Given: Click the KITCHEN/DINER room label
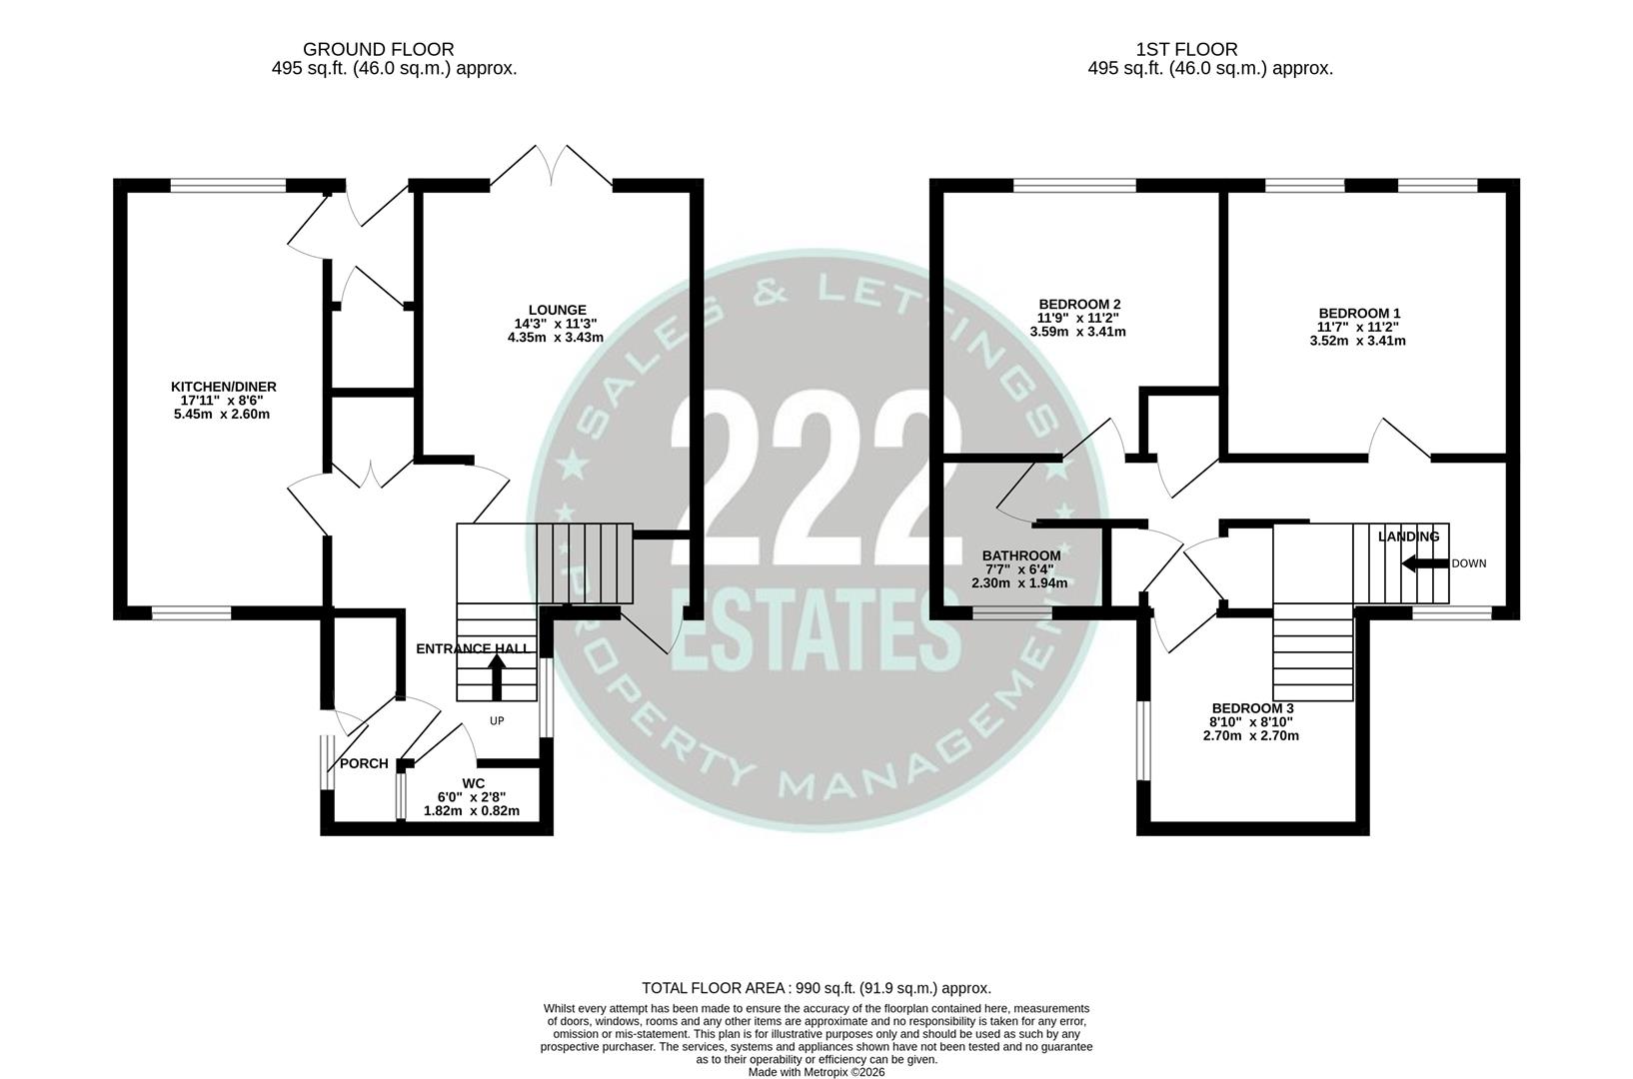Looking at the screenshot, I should tap(224, 387).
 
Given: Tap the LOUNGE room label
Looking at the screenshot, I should tap(558, 310).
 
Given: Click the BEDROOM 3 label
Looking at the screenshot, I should tap(1252, 708).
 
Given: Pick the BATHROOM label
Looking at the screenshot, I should tap(1021, 555).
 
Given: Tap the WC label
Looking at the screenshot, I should tap(474, 782).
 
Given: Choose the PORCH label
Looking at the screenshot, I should tap(364, 763).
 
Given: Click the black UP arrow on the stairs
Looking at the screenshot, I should tap(497, 675).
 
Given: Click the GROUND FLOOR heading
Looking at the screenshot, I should tap(378, 49).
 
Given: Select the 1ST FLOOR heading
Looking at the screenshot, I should tap(1186, 49).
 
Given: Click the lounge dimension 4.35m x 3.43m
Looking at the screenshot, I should tap(556, 338).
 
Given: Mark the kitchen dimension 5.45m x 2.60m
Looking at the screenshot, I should tap(222, 414).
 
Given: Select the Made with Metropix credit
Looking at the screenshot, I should tap(816, 1072).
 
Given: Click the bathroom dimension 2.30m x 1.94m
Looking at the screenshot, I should tap(1019, 583).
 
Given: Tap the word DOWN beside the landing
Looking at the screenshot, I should tap(1469, 563).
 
